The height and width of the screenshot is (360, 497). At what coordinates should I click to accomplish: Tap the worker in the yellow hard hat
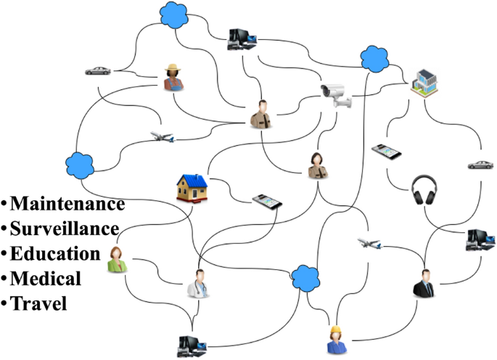point(336,339)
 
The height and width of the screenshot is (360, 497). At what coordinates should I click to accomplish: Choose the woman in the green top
point(115,261)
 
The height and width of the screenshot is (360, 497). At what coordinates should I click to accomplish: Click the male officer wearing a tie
point(259,114)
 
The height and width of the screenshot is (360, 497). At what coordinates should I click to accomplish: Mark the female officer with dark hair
point(316,165)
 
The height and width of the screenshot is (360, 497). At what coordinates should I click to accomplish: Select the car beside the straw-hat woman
point(98,71)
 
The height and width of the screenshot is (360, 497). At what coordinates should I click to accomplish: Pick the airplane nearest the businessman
point(370,243)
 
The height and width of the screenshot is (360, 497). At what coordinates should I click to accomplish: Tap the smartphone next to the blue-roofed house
point(266,201)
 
